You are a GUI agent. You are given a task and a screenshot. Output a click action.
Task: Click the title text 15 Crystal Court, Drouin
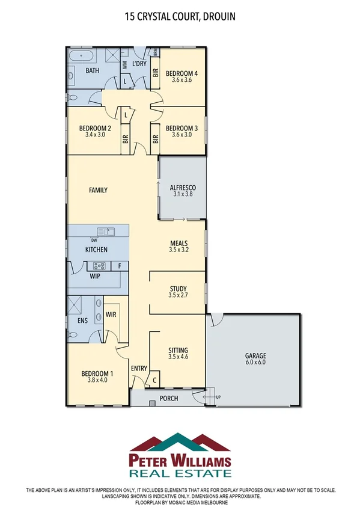pyautogui.click(x=180, y=18)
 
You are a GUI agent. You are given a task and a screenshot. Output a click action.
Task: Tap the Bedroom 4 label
pyautogui.click(x=182, y=73)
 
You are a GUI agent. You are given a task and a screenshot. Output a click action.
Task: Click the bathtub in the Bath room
pyautogui.click(x=81, y=58)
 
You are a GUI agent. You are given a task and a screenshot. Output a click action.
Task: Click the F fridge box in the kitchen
pyautogui.click(x=120, y=265)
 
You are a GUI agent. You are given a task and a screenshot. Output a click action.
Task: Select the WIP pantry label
pyautogui.click(x=94, y=277)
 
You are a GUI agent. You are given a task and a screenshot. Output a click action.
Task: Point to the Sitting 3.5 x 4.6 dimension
pyautogui.click(x=178, y=357)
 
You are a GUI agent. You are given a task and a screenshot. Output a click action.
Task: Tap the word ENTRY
pyautogui.click(x=139, y=369)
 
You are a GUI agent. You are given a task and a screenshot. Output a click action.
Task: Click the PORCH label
pyautogui.click(x=169, y=398)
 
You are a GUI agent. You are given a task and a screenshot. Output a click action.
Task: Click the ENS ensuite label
pyautogui.click(x=83, y=321)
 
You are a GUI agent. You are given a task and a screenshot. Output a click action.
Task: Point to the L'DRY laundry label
pyautogui.click(x=139, y=64)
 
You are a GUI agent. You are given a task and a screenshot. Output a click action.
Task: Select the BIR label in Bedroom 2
pyautogui.click(x=126, y=139)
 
